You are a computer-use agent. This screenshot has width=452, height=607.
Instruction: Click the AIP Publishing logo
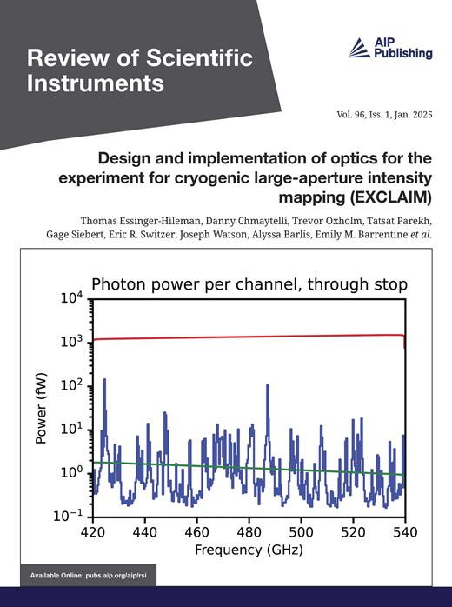coord(389,48)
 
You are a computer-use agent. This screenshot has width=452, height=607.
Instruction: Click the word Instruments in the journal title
coord(96,84)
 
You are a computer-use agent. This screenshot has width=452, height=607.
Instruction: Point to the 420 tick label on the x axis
coord(93,531)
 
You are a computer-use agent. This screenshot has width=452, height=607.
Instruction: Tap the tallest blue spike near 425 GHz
coord(105,383)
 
